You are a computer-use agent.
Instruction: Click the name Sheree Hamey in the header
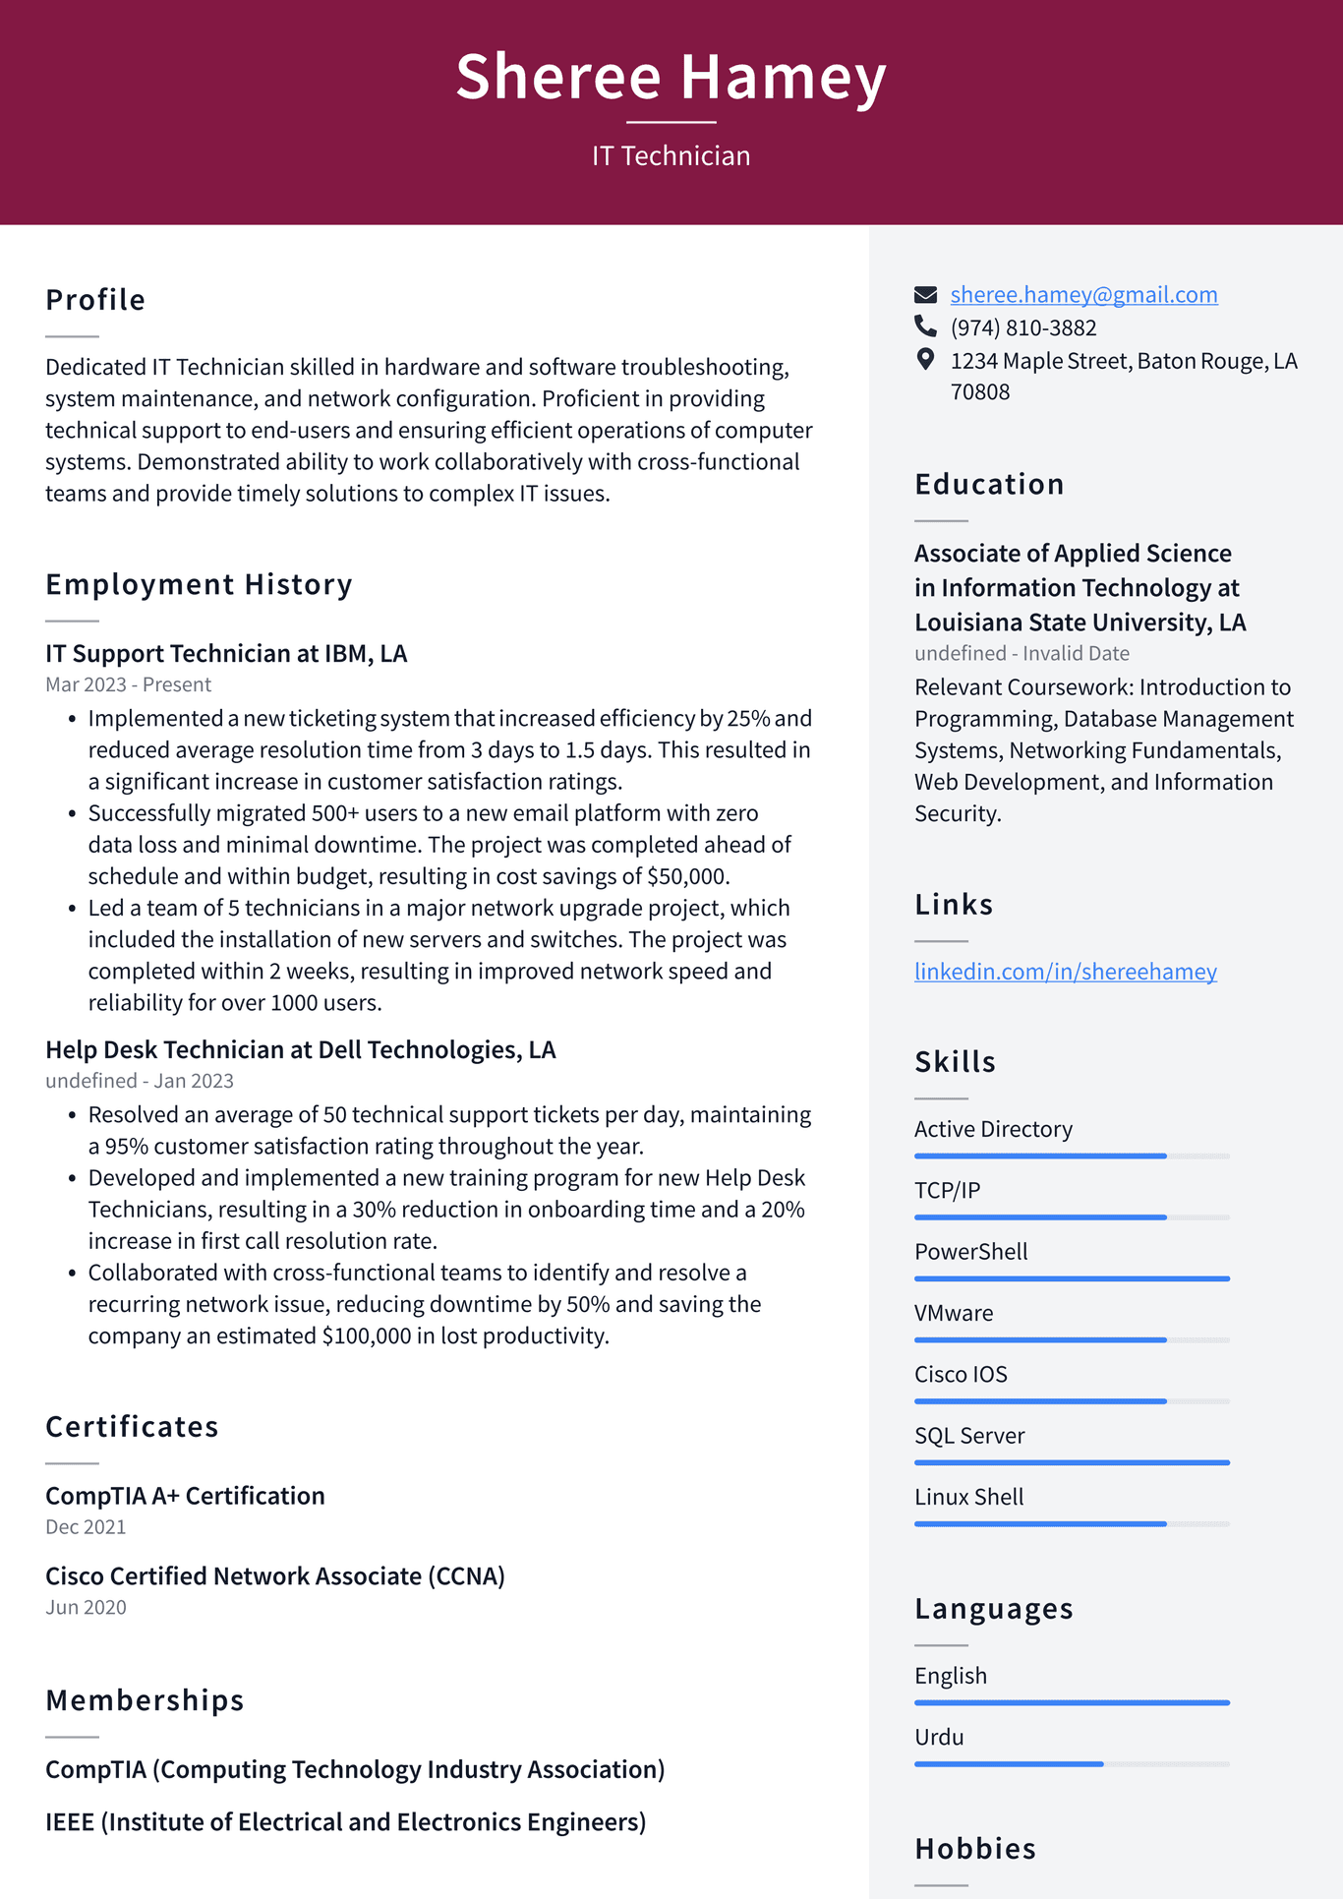671,77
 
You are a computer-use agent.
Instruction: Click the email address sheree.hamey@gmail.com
1083,294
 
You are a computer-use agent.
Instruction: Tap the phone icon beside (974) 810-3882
925,326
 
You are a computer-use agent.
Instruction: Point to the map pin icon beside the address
925,359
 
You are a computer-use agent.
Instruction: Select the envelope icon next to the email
925,294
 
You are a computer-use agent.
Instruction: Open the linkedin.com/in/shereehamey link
1065,972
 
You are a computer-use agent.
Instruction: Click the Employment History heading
199,584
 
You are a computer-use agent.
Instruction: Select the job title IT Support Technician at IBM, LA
226,654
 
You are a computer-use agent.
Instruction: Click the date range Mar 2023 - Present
128,684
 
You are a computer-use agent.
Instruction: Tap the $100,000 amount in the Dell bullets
366,1335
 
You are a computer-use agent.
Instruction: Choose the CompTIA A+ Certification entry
185,1496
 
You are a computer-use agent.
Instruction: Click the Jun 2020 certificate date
86,1607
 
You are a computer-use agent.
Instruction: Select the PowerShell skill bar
1072,1278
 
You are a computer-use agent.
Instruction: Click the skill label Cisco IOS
961,1374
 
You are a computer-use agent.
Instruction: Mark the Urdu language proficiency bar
1009,1764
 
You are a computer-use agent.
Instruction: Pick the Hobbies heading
975,1849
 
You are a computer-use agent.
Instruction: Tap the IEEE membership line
345,1822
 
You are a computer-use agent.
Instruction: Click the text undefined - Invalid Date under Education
1022,653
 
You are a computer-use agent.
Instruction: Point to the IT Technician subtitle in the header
671,155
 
